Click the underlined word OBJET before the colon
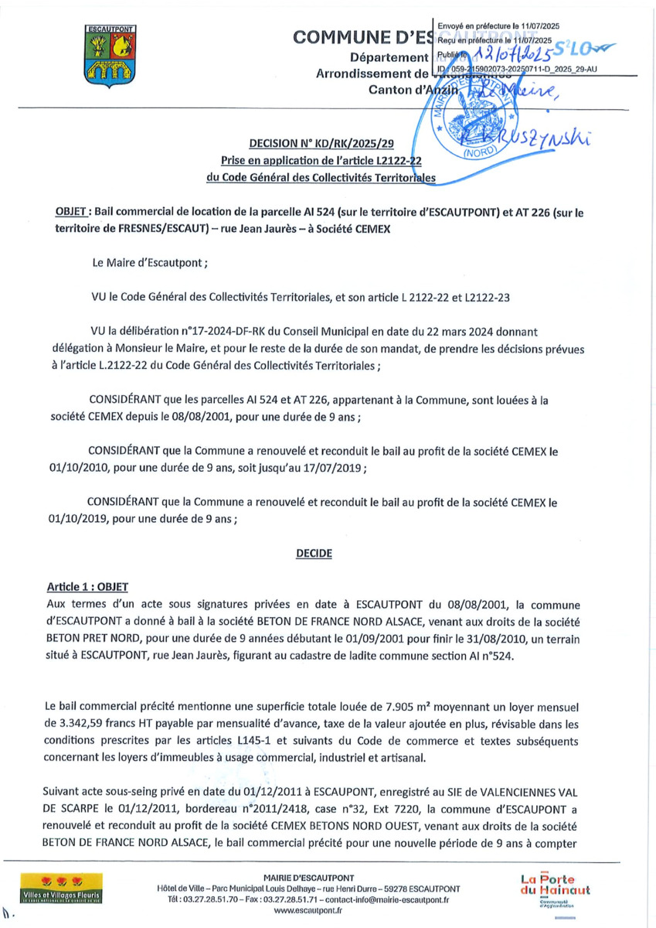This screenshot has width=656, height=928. pos(74,211)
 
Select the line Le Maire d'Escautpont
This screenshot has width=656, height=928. pos(150,262)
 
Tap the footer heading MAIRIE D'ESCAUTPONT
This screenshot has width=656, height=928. pos(308,878)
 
